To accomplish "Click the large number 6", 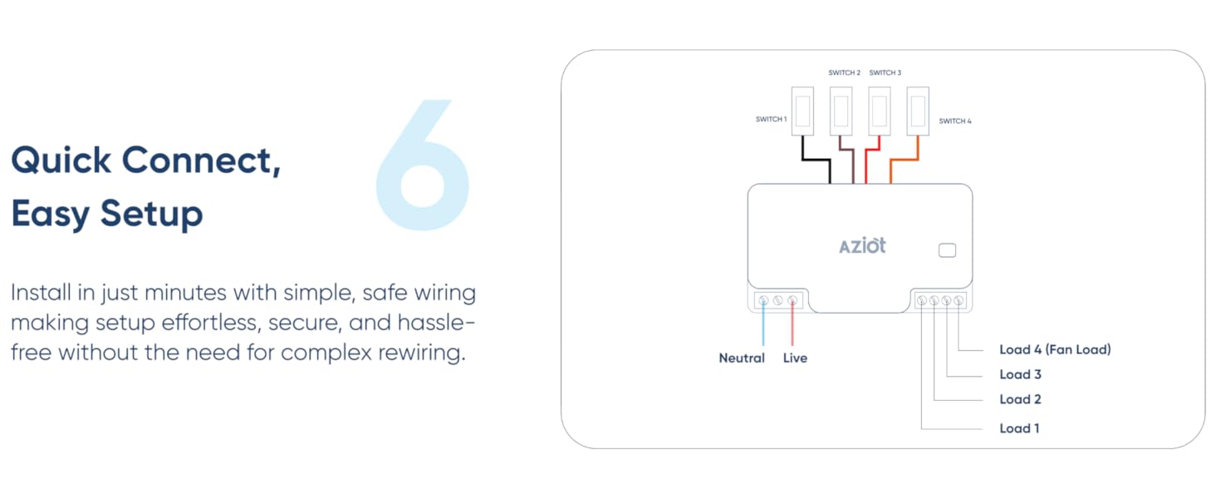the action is [423, 166].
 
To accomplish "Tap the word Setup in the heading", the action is [152, 214].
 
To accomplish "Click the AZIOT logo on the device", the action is [862, 245].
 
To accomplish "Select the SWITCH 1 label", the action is [771, 120].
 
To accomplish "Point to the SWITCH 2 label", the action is [844, 73].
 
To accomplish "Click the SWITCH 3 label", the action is [885, 73].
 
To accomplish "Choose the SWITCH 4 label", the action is [954, 121].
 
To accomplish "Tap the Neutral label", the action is [742, 358].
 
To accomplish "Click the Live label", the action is [795, 358].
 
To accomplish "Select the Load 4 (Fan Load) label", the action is [1055, 350].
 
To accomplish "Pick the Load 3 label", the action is [1020, 375].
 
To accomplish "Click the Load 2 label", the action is [1020, 400].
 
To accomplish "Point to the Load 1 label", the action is [1019, 429].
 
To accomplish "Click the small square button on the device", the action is [946, 250].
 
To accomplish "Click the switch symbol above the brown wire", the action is [841, 110].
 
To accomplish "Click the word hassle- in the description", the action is [436, 322].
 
